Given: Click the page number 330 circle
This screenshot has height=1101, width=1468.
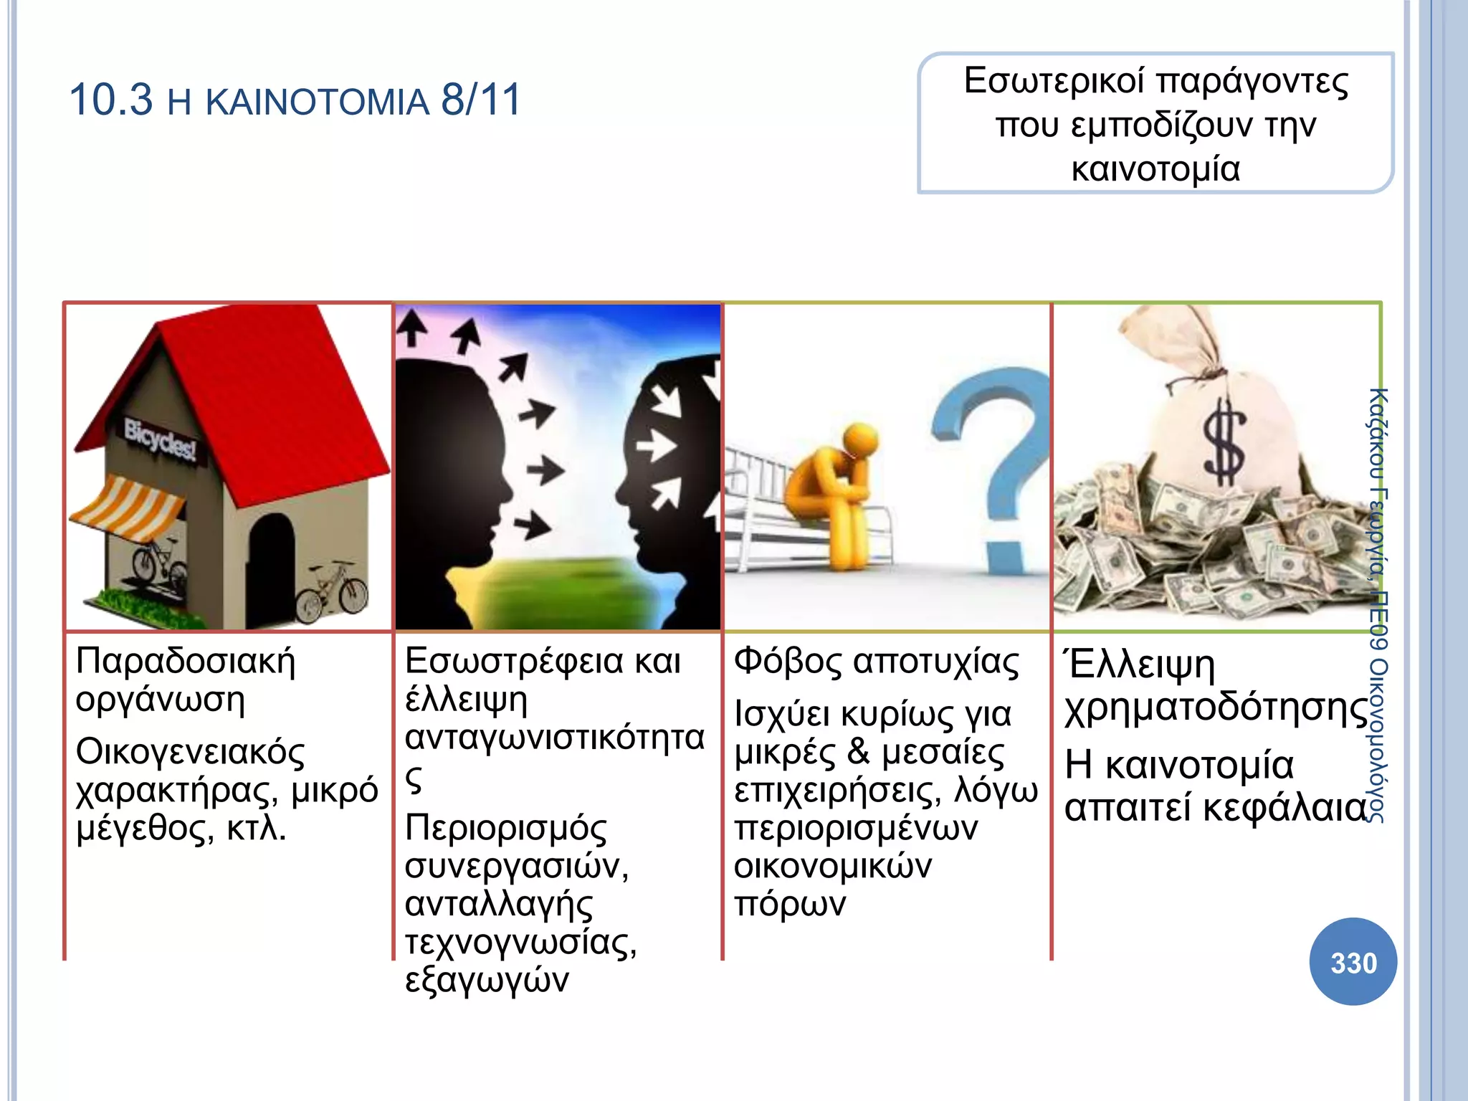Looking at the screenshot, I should pyautogui.click(x=1353, y=962).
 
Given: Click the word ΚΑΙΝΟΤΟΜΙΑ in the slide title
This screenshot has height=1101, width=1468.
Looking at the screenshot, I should pyautogui.click(x=317, y=101).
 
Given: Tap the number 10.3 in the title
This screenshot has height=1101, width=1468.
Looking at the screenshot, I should pyautogui.click(x=110, y=100).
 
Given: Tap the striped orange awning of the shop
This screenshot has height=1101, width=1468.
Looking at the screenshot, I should pyautogui.click(x=129, y=505).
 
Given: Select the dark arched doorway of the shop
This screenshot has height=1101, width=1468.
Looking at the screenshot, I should pyautogui.click(x=270, y=566).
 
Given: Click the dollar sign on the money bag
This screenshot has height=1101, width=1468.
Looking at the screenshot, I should pyautogui.click(x=1223, y=444).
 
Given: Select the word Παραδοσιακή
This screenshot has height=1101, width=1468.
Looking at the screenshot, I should pyautogui.click(x=185, y=660).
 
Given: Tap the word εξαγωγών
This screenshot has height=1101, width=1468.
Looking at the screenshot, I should pyautogui.click(x=487, y=980).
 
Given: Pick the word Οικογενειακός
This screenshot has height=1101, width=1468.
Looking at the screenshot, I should pyautogui.click(x=190, y=752).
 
